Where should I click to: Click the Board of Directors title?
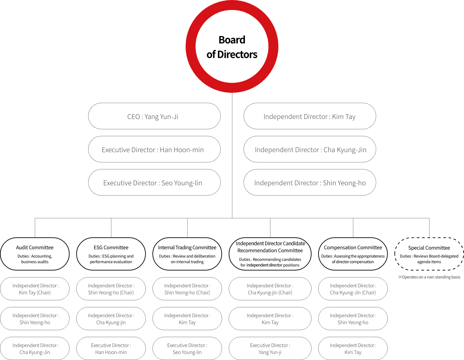pos(232,47)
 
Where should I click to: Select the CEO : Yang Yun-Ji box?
pos(154,116)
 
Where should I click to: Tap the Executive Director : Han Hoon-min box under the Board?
pos(154,149)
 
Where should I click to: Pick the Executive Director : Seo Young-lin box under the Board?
pos(154,182)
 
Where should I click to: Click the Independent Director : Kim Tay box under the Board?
pos(310,116)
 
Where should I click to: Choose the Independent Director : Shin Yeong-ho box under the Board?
pos(310,182)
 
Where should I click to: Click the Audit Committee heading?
pos(35,248)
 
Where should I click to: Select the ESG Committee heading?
pos(111,248)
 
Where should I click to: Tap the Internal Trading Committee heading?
pos(187,248)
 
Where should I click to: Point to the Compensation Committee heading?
pos(353,248)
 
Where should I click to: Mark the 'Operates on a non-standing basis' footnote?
pos(429,277)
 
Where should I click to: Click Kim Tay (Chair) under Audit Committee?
pos(35,292)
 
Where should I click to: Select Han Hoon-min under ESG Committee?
pos(111,352)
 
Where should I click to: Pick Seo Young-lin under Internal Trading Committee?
pos(187,352)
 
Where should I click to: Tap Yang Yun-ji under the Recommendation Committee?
pos(270,352)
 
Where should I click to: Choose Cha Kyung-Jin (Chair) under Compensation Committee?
pos(353,292)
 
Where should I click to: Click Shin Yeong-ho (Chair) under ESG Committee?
pos(111,292)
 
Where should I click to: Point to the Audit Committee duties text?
pos(35,259)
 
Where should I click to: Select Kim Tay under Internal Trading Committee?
pos(187,323)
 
